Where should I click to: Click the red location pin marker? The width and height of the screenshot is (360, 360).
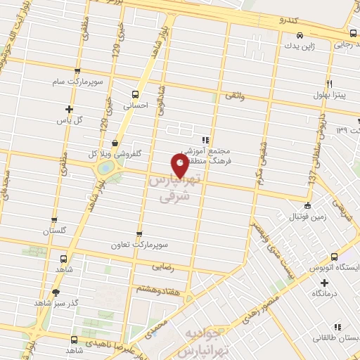click(x=180, y=166)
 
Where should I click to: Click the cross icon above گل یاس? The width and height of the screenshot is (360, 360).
click(x=69, y=108)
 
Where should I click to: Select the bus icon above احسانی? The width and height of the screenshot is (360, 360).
click(x=135, y=94)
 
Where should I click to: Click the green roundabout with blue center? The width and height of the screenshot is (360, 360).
click(x=105, y=168)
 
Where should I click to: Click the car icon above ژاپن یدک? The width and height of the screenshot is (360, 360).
click(x=300, y=34)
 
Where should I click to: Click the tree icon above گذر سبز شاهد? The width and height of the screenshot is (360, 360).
click(x=56, y=291)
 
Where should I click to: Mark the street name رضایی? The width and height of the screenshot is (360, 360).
click(x=162, y=267)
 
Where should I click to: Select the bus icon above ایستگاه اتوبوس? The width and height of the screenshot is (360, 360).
click(x=334, y=255)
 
